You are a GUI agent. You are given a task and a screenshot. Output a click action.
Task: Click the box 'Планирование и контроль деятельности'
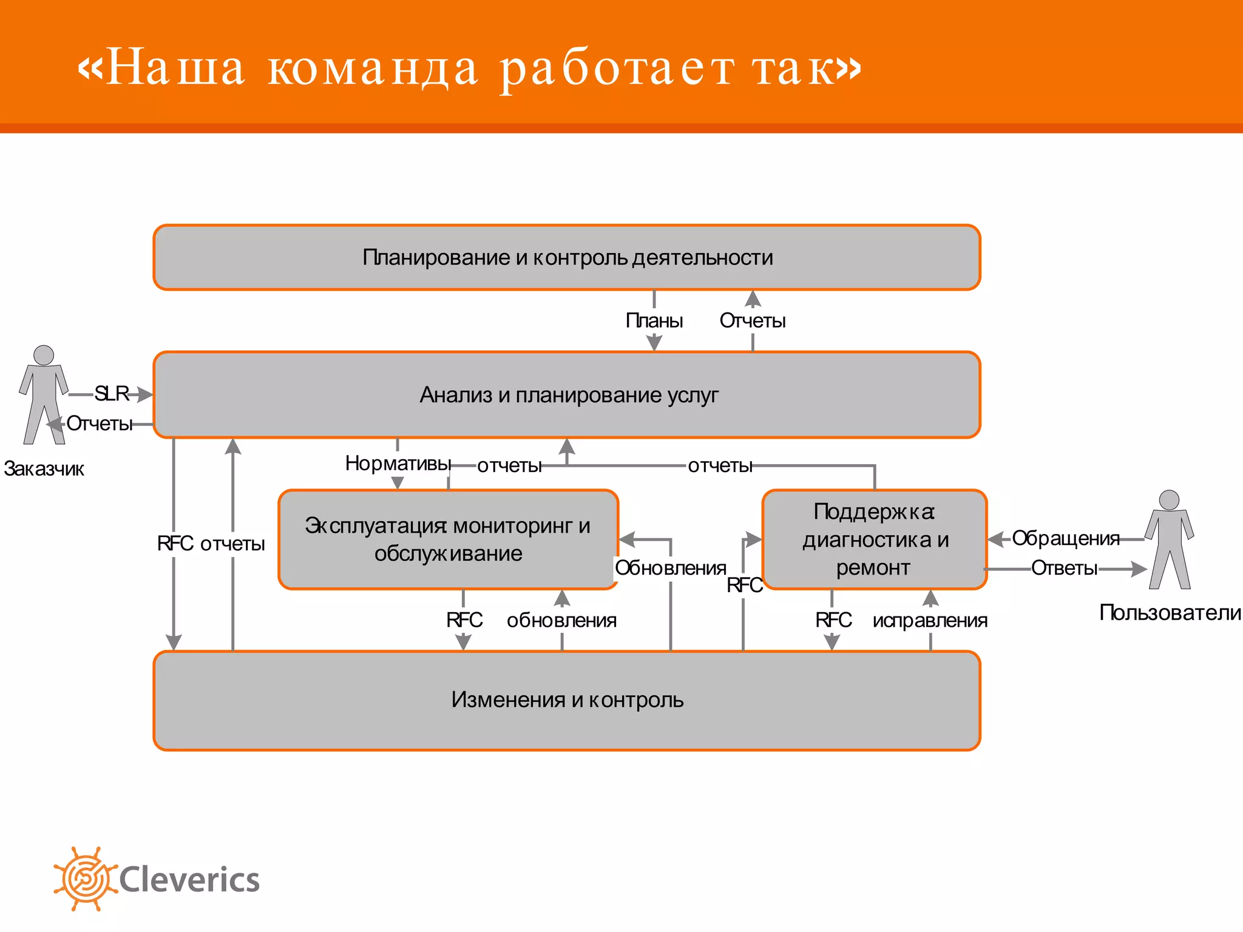pyautogui.click(x=567, y=257)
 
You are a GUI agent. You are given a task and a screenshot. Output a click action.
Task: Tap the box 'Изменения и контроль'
pyautogui.click(x=567, y=700)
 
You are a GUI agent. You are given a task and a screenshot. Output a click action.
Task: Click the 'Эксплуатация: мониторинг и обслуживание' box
pyautogui.click(x=448, y=539)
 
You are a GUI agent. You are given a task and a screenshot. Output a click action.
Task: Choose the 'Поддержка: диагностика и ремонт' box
pyautogui.click(x=874, y=539)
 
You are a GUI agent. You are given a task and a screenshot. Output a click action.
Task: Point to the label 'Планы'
pyautogui.click(x=654, y=320)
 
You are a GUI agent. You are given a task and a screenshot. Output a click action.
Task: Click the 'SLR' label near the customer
pyautogui.click(x=112, y=394)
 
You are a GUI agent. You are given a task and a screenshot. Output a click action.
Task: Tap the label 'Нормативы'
pyautogui.click(x=398, y=464)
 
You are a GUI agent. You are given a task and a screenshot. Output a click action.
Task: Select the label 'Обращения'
pyautogui.click(x=1065, y=538)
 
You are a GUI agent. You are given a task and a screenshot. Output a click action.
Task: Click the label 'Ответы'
pyautogui.click(x=1064, y=568)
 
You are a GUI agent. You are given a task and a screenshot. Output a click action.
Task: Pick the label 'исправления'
pyautogui.click(x=930, y=620)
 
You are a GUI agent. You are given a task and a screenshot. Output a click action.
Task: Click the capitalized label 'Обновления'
pyautogui.click(x=670, y=568)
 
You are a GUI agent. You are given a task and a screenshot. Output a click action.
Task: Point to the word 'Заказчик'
pyautogui.click(x=44, y=469)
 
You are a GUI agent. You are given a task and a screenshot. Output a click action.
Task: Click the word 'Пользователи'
pyautogui.click(x=1170, y=613)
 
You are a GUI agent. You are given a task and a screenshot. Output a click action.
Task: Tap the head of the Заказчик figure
pyautogui.click(x=44, y=355)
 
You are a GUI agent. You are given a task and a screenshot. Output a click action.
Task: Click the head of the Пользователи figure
pyautogui.click(x=1169, y=500)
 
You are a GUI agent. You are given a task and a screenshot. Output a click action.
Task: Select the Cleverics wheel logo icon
pyautogui.click(x=85, y=879)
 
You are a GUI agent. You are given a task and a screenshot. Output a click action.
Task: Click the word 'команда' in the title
pyautogui.click(x=373, y=68)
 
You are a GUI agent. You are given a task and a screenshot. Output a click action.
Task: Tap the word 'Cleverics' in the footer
pyautogui.click(x=189, y=880)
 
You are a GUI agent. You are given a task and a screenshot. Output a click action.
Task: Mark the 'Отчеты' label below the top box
pyautogui.click(x=753, y=320)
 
